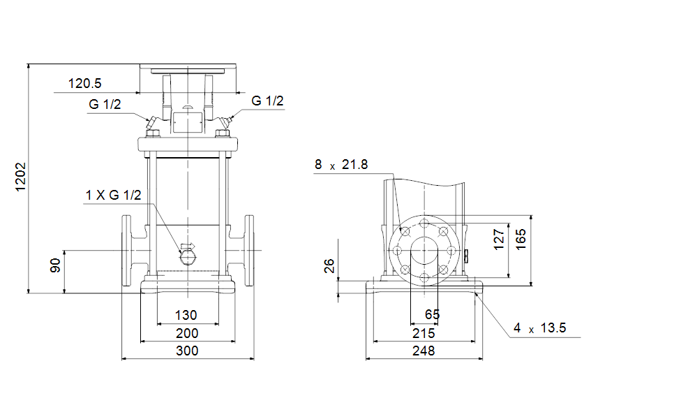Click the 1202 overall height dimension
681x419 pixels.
21,177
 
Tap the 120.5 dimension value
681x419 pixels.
84,84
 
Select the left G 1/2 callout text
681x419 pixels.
105,104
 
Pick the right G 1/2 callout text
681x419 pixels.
267,101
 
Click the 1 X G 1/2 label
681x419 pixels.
113,195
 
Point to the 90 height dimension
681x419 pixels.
55,265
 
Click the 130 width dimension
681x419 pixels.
186,315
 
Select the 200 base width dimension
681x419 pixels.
187,333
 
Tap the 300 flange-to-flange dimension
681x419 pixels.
187,351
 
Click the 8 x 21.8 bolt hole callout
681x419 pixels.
341,165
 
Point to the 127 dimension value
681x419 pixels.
499,240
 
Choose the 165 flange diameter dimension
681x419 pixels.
521,240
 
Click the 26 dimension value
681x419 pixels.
329,266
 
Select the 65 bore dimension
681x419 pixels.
432,314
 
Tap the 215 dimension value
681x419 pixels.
424,333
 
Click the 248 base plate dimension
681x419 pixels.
424,351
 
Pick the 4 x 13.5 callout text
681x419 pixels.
540,328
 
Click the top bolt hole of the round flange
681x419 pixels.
424,223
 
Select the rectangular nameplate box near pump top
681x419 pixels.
187,122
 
